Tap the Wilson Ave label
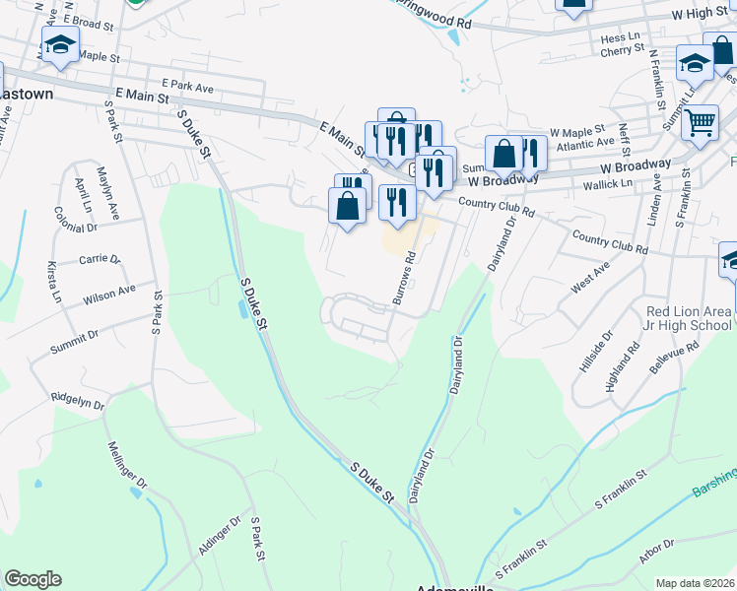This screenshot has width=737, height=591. [x=109, y=294]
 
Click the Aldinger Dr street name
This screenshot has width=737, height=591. [x=221, y=536]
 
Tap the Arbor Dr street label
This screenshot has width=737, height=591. [x=657, y=555]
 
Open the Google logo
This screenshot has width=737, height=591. [x=33, y=579]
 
